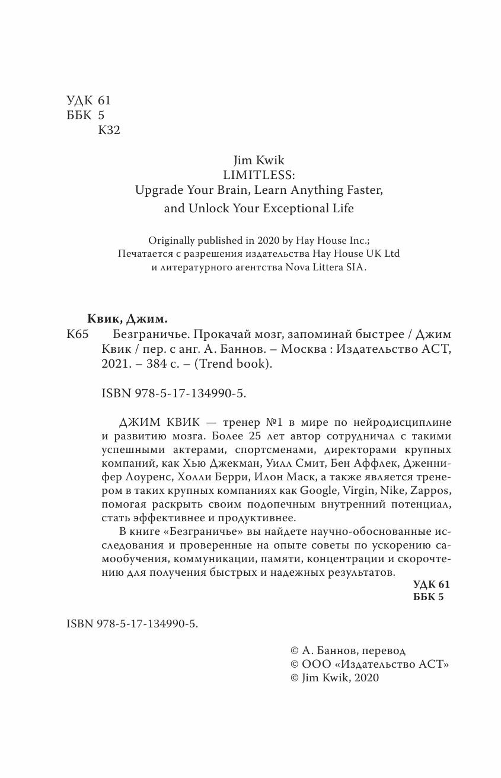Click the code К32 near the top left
coord(108,130)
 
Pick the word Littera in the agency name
coord(321,267)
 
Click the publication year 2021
coord(109,365)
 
